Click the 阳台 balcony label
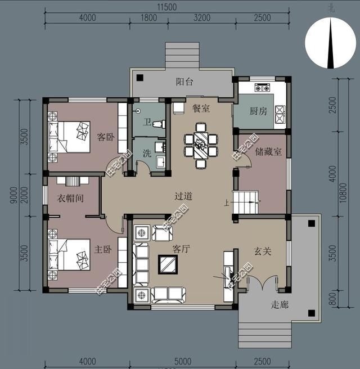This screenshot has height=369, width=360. tap(184, 82)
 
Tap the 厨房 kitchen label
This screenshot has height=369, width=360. tap(258, 111)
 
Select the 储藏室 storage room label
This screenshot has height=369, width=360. tap(268, 151)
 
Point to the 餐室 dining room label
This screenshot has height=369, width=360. tap(201, 108)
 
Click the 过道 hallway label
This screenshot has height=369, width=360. tap(183, 196)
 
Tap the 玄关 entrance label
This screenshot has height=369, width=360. tap(262, 251)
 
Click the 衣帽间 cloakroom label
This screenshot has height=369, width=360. tap(71, 199)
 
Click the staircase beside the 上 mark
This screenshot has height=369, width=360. tap(246, 202)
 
